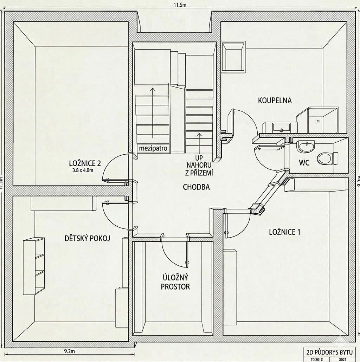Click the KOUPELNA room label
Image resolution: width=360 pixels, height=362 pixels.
click(275, 101)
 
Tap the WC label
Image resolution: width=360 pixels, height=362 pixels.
click(304, 163)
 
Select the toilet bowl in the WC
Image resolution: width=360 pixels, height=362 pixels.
click(327, 158)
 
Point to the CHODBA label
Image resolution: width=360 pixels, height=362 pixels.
click(196, 187)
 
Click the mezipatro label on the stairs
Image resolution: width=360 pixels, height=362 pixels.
click(153, 149)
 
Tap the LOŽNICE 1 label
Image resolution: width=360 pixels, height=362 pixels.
click(284, 232)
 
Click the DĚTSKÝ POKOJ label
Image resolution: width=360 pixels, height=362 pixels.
click(88, 239)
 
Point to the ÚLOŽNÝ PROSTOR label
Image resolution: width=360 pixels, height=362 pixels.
click(175, 282)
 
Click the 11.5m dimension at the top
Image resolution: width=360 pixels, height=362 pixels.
click(180, 5)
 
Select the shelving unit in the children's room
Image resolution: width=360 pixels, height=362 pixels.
click(34, 266)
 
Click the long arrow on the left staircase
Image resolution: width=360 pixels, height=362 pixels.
click(153, 112)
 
